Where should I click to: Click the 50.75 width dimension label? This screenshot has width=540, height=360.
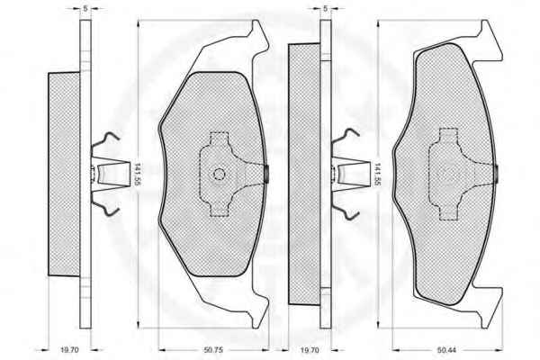click(x=213, y=350)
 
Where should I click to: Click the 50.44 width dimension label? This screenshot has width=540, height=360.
click(x=446, y=350)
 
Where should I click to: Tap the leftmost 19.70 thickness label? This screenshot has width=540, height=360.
click(x=69, y=350)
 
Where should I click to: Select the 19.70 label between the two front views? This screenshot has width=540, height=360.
click(x=310, y=350)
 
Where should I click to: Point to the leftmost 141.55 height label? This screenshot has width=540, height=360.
click(x=137, y=174)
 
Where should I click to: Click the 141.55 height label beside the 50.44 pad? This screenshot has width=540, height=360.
click(x=377, y=174)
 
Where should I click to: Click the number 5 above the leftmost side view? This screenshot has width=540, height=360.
click(x=85, y=9)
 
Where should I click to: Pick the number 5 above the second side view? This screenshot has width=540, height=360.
click(x=326, y=9)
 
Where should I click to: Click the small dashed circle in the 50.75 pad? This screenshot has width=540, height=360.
click(x=219, y=175)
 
